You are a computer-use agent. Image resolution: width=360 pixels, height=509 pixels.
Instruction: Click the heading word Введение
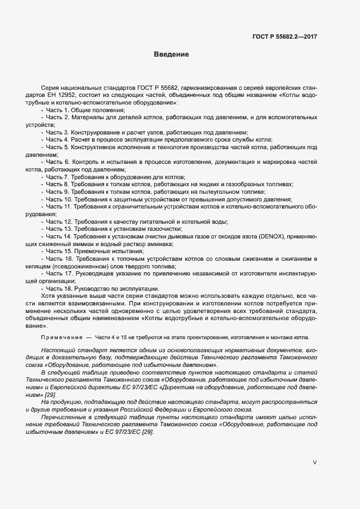coord(171,54)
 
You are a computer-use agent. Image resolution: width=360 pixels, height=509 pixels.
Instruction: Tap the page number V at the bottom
coord(314,462)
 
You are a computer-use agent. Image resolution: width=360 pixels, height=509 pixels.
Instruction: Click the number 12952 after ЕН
coord(87,95)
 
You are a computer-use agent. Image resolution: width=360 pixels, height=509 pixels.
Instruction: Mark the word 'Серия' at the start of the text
coord(49,88)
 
